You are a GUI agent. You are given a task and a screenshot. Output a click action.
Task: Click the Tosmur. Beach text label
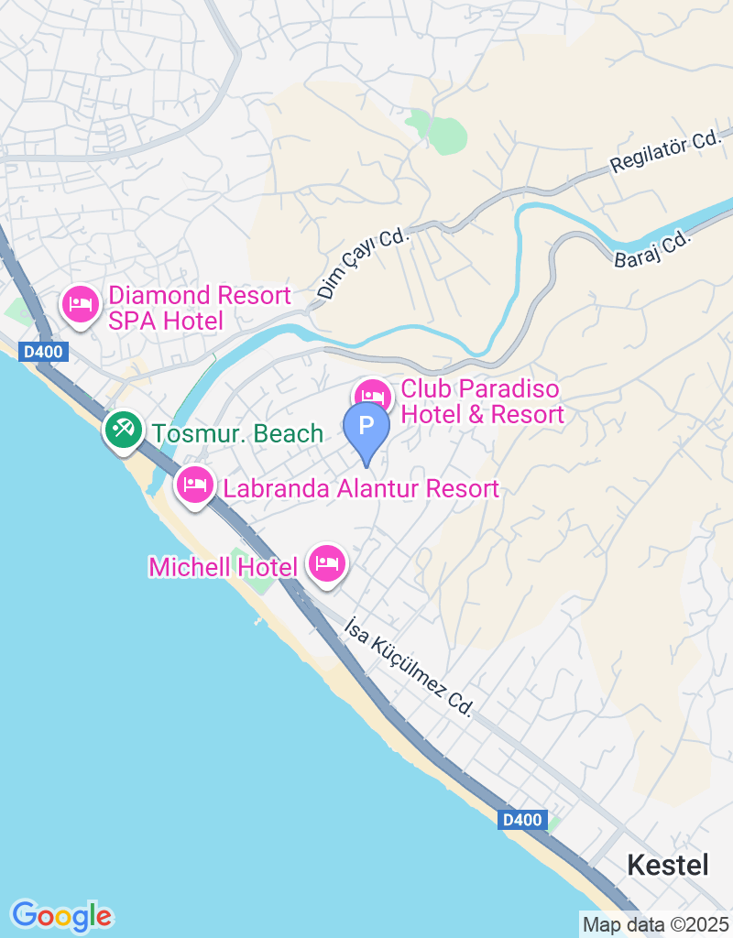pos(238,434)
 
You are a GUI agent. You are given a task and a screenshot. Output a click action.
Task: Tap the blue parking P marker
pos(366,428)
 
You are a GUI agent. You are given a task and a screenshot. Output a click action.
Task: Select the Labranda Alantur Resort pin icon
pos(194,485)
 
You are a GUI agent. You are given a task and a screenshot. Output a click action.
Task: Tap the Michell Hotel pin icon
pos(327,562)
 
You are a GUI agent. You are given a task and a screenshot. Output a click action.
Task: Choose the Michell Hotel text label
pos(224,567)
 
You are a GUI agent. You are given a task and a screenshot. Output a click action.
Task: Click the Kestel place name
pos(668,865)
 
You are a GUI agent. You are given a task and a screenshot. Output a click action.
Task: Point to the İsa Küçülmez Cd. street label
pos(409,666)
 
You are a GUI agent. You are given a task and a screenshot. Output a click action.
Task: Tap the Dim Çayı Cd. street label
pos(362,264)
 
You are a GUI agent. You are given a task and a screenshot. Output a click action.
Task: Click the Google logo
pos(62,915)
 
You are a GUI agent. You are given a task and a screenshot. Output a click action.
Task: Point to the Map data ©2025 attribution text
pos(655,924)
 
